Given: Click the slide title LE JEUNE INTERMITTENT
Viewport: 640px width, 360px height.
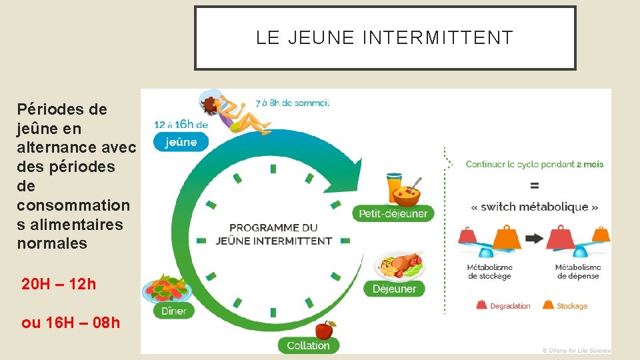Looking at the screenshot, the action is point(385,38).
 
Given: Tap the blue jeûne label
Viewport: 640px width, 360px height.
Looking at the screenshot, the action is point(181,141).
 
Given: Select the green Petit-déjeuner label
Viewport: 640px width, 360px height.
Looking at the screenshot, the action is point(393,213).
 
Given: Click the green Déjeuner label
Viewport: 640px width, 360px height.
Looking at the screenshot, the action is point(394,289).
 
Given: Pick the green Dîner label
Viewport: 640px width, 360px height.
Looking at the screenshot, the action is point(174,311).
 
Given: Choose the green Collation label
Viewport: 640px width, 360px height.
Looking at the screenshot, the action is point(308,345).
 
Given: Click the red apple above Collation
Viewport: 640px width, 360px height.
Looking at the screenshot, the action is point(325,329).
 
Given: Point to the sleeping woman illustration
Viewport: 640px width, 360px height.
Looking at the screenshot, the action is point(233,113).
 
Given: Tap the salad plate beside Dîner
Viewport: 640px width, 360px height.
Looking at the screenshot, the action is point(167,289).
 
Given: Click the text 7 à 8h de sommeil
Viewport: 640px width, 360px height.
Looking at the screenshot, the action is point(292,103).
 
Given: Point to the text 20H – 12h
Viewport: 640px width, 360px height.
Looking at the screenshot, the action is point(59,284).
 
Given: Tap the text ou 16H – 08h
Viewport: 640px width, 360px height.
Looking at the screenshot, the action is point(71,323).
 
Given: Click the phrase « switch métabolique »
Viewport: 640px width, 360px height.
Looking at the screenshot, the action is point(535,207).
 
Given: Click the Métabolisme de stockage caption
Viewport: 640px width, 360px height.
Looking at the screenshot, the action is point(489,272).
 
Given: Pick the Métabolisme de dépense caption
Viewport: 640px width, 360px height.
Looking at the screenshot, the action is point(578,272).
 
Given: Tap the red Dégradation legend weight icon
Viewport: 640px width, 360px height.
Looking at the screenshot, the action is point(481,305).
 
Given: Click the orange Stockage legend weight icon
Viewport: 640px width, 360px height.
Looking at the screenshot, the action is point(548,305).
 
